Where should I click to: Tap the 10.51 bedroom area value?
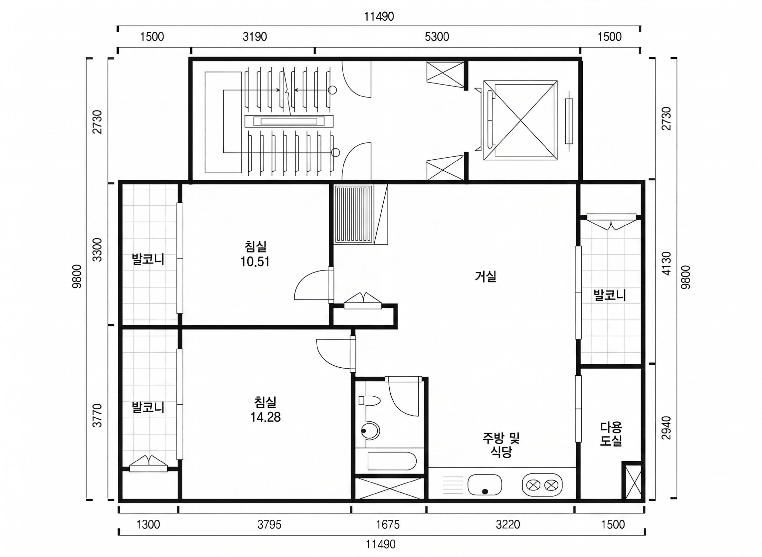coord(255,262)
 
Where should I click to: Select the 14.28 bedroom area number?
coord(265,417)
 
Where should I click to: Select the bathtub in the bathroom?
coord(392,461)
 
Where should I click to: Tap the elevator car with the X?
coord(520,120)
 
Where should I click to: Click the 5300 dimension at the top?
coord(437,37)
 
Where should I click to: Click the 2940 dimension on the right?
coord(666,428)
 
